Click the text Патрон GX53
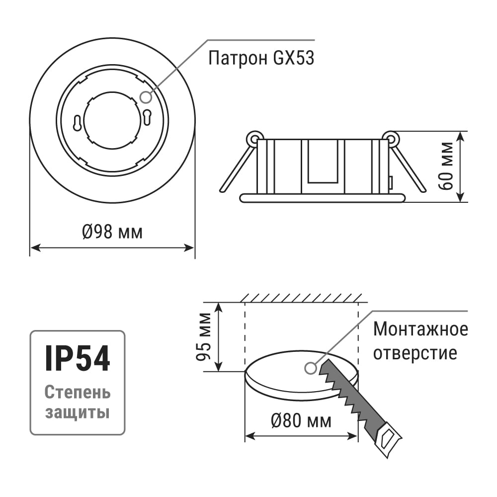tap(261, 58)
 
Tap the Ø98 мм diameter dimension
tap(112, 232)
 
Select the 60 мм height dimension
tap(446, 166)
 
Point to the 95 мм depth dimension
tap(203, 336)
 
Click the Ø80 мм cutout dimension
tap(301, 421)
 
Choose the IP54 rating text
tap(78, 358)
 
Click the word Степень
tap(78, 393)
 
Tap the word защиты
tap(78, 413)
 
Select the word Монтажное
tap(420, 329)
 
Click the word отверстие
tap(415, 352)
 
